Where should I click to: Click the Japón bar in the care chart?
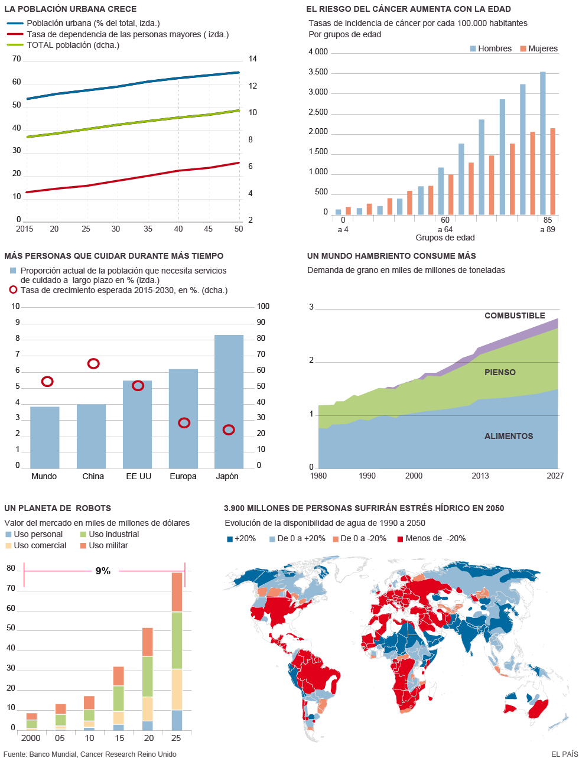[x=229, y=402]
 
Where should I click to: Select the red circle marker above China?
[x=93, y=363]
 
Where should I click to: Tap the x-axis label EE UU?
[x=138, y=476]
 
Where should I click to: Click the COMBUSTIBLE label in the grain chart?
[x=515, y=315]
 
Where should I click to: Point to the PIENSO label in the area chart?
[x=500, y=372]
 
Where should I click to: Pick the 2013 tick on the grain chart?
[x=480, y=476]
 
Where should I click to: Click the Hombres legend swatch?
[x=473, y=48]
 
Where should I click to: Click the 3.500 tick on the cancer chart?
[x=318, y=72]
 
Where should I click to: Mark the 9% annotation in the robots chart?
[x=103, y=571]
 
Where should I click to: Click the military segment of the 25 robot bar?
[x=177, y=592]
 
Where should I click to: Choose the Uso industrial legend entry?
[x=113, y=534]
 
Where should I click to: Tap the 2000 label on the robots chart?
[x=31, y=738]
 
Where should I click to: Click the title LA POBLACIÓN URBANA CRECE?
[x=70, y=9]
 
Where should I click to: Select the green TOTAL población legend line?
[x=15, y=45]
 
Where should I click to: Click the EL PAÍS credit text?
[x=564, y=754]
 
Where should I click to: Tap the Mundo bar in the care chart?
[x=45, y=437]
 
